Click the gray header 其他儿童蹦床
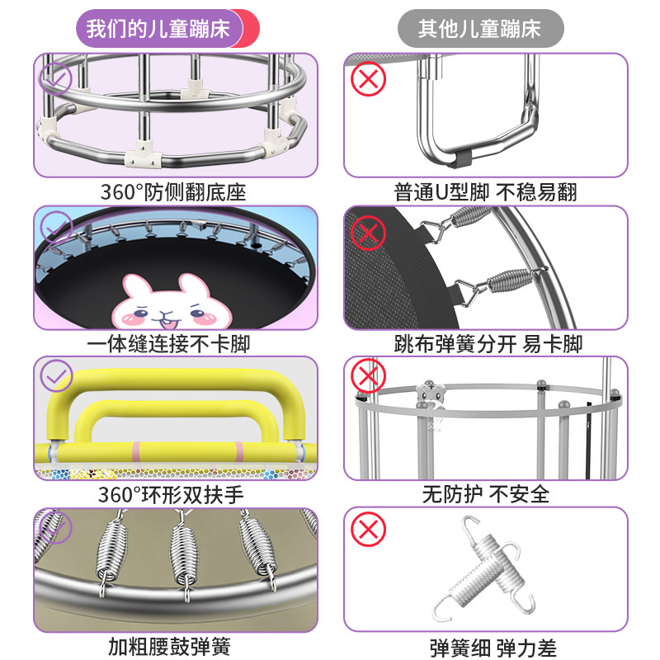click(479, 31)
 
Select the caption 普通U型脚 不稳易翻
click(485, 192)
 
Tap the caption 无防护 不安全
click(485, 494)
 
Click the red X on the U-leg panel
click(369, 80)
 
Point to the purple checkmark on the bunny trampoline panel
click(56, 226)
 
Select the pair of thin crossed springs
click(485, 565)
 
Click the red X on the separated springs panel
click(369, 233)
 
